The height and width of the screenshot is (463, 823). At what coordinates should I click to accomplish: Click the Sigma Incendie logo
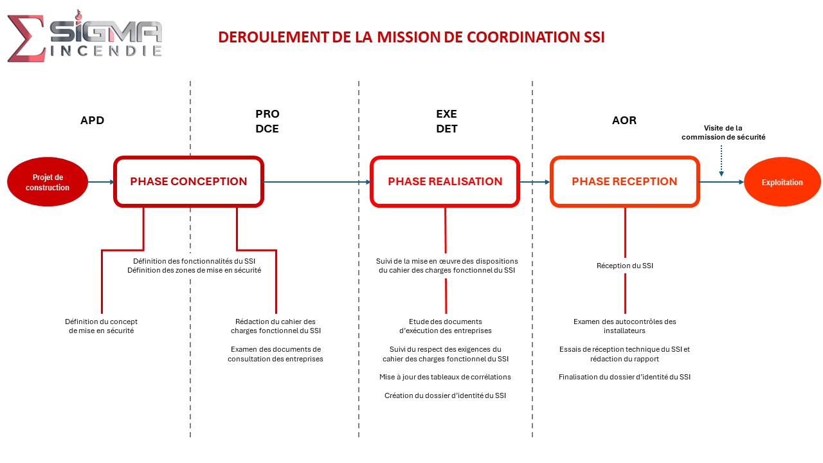click(x=84, y=36)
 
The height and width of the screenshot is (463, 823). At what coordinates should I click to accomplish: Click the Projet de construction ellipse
click(x=48, y=182)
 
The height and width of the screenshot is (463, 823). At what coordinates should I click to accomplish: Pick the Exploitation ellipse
click(x=782, y=182)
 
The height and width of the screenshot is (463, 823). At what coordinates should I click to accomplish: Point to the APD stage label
click(x=92, y=120)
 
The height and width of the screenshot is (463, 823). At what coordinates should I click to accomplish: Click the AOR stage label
click(x=624, y=120)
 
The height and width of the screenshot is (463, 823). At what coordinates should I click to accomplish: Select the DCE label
click(x=267, y=129)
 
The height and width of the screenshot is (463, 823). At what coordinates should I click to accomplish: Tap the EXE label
click(x=446, y=114)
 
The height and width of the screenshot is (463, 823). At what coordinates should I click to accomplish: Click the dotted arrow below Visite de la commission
click(x=721, y=161)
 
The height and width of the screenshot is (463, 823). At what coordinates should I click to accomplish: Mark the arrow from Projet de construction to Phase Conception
click(x=101, y=182)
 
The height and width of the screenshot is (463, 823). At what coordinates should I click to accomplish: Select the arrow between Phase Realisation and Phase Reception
click(x=534, y=182)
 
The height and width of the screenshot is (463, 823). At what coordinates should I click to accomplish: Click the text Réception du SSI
click(x=624, y=266)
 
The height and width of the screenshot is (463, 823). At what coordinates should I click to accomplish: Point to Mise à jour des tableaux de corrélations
click(x=445, y=377)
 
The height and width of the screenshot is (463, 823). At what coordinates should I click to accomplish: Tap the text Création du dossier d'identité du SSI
click(x=445, y=395)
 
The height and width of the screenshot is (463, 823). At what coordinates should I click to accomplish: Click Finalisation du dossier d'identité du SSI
click(x=624, y=377)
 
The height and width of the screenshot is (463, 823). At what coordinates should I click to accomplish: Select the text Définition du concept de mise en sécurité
click(x=101, y=326)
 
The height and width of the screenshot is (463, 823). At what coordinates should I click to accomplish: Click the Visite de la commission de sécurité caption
click(x=723, y=132)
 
